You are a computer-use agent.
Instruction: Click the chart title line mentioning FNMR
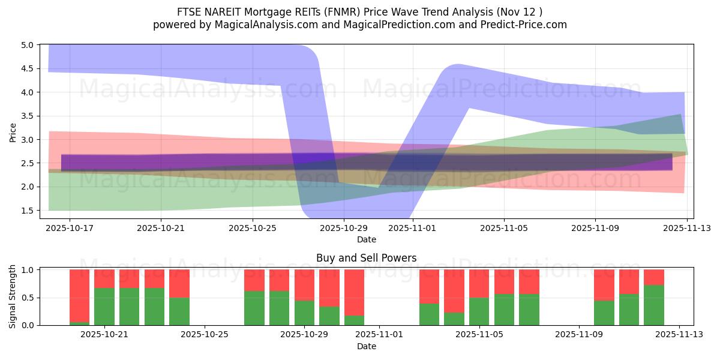click(x=360, y=12)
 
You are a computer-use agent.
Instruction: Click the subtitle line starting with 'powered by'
click(x=360, y=25)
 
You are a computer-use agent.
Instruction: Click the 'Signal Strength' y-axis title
click(x=13, y=297)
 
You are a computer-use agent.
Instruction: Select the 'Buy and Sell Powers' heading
click(x=366, y=259)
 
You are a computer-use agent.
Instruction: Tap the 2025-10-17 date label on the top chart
click(x=70, y=228)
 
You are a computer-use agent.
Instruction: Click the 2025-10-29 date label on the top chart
click(x=344, y=228)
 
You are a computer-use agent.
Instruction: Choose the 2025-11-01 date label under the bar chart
click(x=380, y=335)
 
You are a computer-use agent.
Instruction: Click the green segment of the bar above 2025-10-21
click(x=104, y=307)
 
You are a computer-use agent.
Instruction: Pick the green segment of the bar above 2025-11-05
click(x=479, y=311)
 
